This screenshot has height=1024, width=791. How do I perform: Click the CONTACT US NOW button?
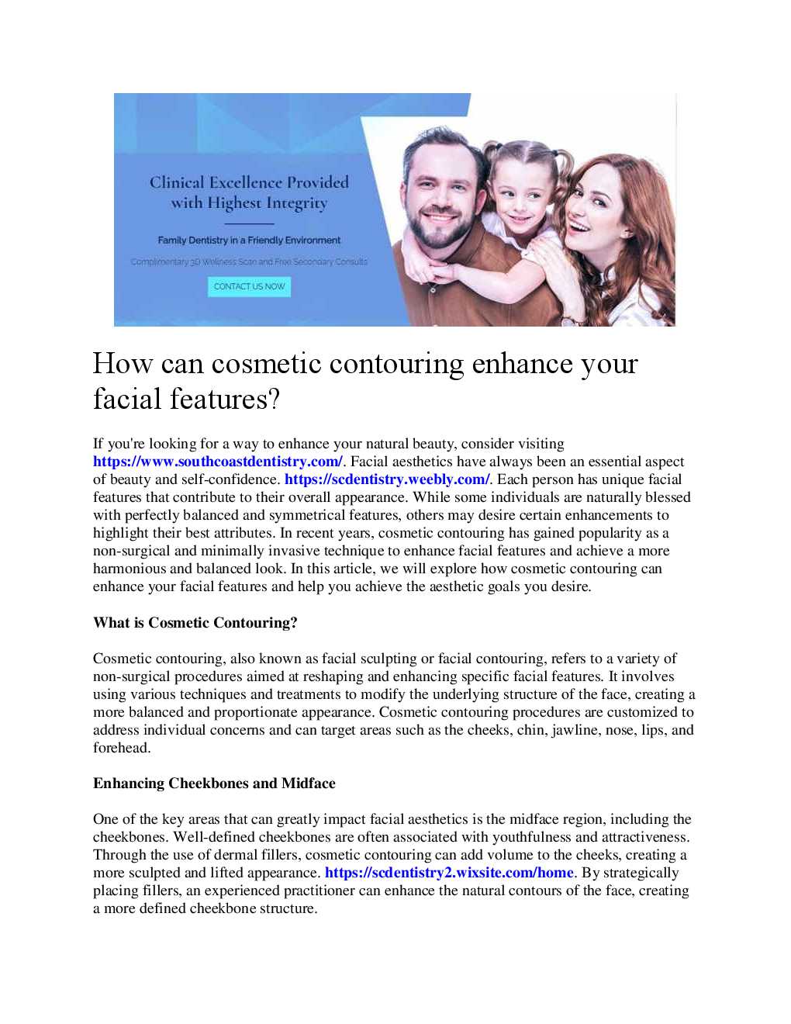coord(249,286)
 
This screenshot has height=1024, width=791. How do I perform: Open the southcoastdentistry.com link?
coord(217,462)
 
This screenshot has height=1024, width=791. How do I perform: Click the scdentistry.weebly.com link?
coord(387,479)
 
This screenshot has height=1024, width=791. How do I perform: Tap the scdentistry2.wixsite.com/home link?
coord(449,873)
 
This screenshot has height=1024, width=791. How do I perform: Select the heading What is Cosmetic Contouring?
coord(195,623)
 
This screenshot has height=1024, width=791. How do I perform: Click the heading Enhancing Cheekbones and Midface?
coord(214,784)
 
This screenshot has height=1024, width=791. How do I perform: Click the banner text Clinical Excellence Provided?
coord(249,183)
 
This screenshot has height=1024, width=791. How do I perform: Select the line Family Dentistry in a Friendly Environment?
coord(249,240)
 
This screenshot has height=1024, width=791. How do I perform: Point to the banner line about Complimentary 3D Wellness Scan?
coord(249,262)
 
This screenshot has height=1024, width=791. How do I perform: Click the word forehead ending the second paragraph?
coord(120,748)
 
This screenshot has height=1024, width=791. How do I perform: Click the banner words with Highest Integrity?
coord(249,203)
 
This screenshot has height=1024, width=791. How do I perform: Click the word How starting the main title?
coord(123,364)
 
